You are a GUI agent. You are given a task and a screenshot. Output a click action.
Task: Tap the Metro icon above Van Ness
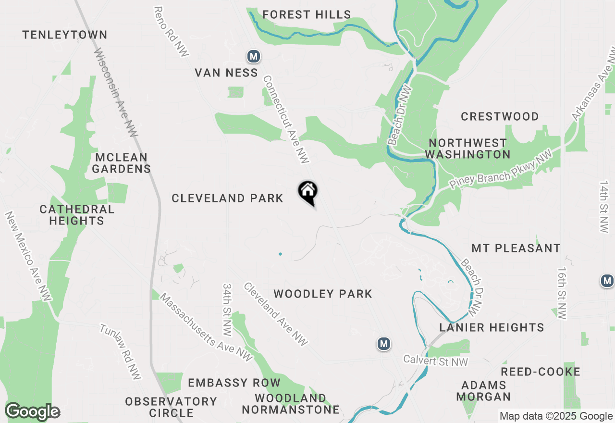click(254, 57)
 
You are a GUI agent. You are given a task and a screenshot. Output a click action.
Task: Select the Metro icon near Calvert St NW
click(383, 344)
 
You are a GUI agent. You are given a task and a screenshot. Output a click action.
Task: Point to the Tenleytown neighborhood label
click(65, 35)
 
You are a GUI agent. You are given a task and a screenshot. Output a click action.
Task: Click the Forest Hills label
click(307, 15)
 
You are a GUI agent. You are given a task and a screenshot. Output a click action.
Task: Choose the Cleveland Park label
click(227, 198)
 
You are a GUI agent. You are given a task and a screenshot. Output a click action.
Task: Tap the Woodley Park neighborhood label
click(323, 294)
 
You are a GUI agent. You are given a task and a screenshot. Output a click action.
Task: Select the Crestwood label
click(500, 116)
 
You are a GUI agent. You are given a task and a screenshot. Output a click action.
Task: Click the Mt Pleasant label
click(516, 248)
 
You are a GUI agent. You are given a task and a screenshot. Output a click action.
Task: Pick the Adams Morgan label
click(483, 391)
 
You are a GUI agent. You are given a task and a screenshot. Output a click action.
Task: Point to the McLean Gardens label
click(122, 163)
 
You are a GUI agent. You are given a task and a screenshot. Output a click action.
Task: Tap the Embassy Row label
click(234, 383)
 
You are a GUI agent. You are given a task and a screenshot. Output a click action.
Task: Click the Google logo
click(33, 412)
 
